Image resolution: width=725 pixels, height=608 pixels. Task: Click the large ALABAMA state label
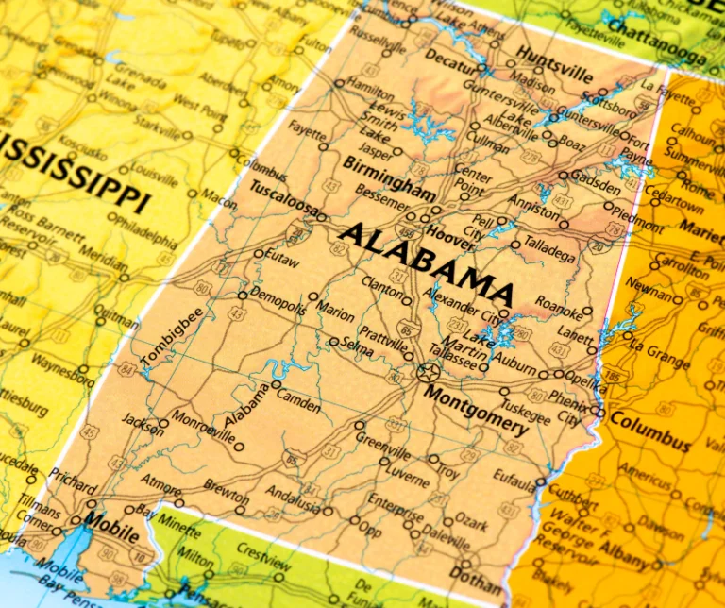427,261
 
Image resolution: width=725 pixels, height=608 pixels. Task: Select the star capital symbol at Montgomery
426,372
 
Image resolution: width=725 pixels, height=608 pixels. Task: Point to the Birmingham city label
388,177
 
